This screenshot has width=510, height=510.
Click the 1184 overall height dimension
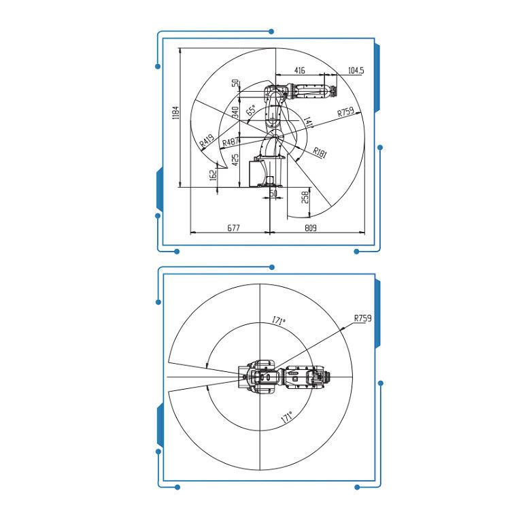tap(175, 112)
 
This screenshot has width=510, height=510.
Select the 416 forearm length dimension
tap(300, 70)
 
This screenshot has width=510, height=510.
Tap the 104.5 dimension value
tap(356, 70)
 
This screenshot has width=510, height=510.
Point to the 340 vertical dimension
tap(235, 112)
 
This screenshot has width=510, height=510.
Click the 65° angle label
tap(251, 110)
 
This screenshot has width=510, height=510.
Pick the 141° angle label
tap(308, 122)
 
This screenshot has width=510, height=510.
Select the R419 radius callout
tap(207, 140)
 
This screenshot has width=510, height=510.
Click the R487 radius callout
tap(231, 142)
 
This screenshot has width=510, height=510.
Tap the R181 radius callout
tap(320, 152)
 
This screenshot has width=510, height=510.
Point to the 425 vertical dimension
tap(235, 160)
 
